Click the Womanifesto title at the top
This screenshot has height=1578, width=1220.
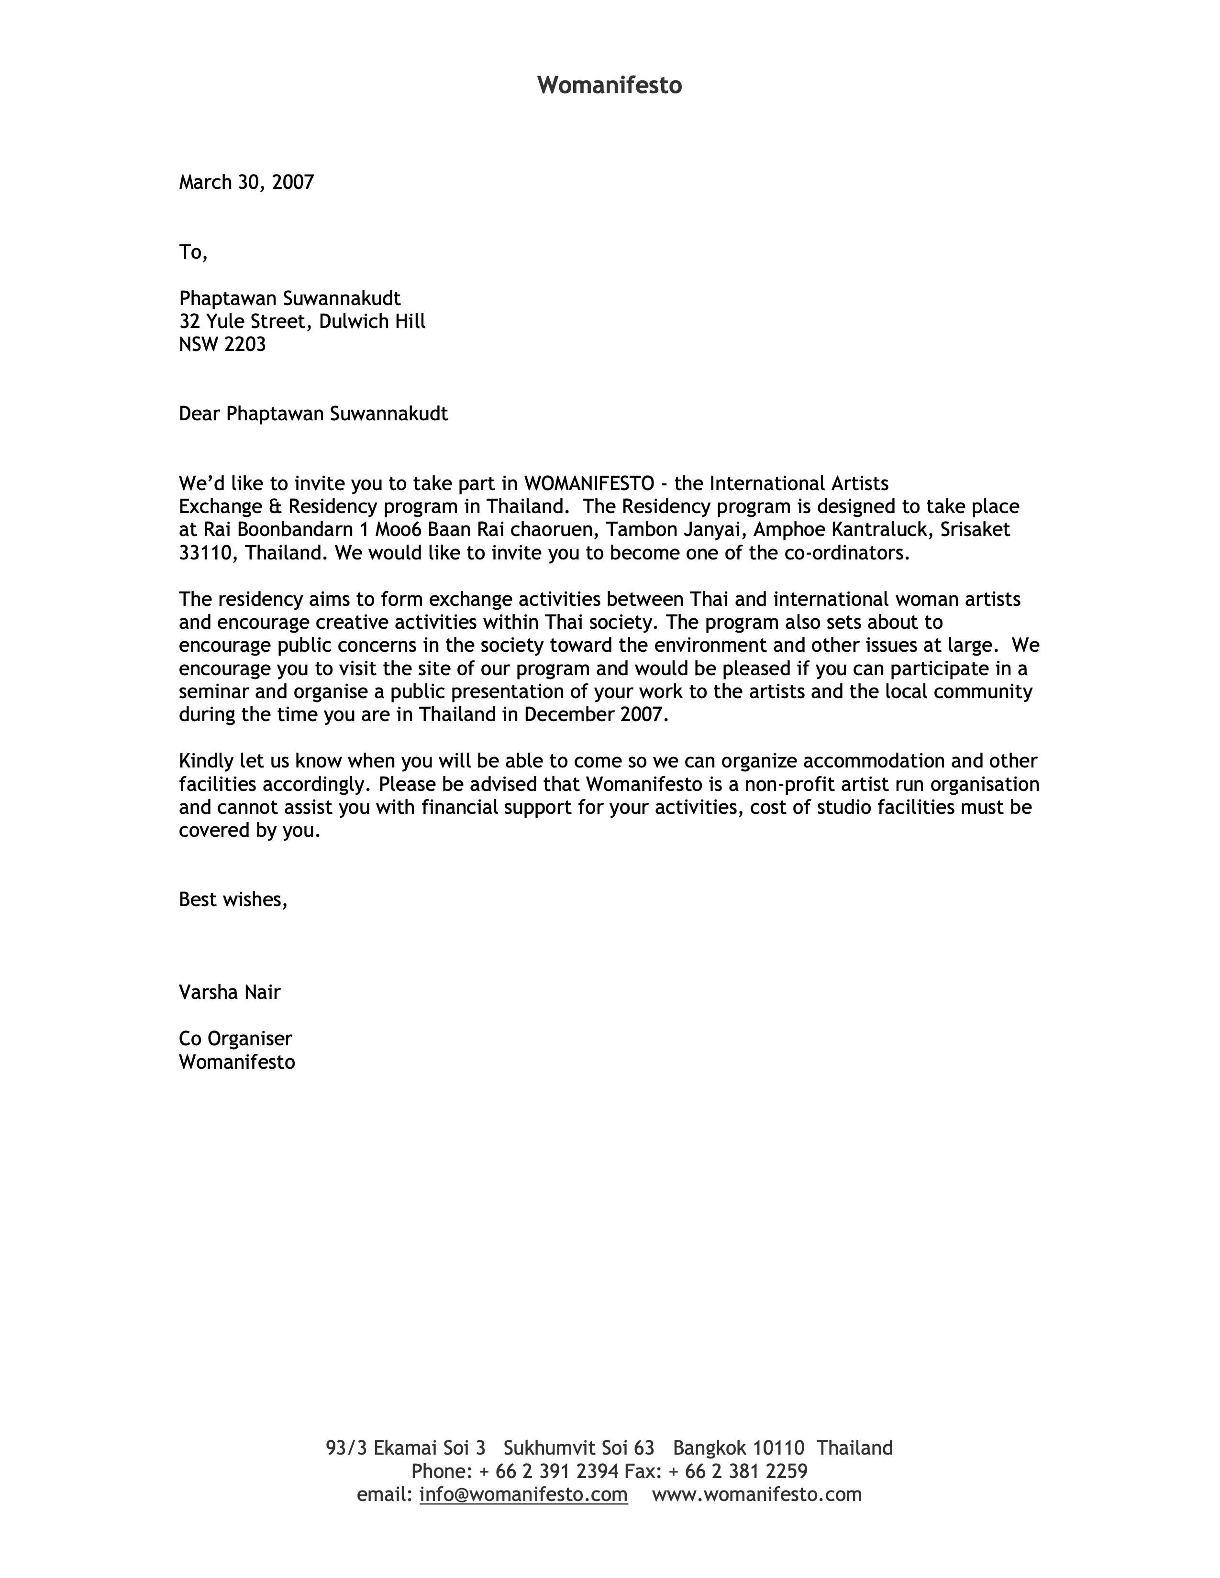point(609,85)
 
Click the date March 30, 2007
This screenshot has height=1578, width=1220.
point(246,182)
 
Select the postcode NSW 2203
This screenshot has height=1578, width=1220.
point(222,345)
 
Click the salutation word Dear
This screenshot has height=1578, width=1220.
point(200,414)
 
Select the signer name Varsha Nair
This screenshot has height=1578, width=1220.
point(230,992)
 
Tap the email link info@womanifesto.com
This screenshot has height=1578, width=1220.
point(523,1494)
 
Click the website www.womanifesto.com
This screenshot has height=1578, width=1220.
point(757,1494)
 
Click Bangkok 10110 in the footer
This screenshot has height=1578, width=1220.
point(738,1448)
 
